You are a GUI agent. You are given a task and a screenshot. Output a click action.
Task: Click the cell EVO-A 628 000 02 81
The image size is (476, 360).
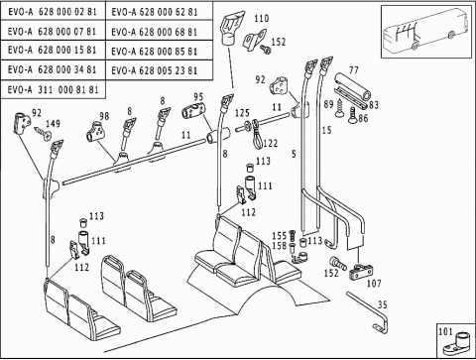pos(53,11)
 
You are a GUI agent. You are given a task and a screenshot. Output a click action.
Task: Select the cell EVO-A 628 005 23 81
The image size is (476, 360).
pos(159,70)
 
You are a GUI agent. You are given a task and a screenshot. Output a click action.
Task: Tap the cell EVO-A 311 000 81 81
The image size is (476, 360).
pos(53,89)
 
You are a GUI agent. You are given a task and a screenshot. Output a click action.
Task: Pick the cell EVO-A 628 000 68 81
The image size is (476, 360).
pos(159,31)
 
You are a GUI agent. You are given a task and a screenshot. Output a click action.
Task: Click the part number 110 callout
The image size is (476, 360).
pos(261,19)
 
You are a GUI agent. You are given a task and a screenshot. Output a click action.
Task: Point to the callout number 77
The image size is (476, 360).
pos(353,70)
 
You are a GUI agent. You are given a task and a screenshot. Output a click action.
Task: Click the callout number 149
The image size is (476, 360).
pos(53,124)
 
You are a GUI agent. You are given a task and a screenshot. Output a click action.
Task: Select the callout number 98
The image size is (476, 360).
pos(104,116)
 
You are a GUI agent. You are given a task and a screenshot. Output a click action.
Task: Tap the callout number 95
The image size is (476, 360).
pos(198,97)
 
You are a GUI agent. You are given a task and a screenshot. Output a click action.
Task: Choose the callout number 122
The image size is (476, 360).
pos(271,143)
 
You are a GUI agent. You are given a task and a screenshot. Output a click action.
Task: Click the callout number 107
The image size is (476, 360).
pos(374,284)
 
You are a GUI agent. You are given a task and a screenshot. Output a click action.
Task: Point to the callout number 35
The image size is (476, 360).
pos(382,304)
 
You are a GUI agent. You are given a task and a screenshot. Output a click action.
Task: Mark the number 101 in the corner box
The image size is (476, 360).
pos(445,331)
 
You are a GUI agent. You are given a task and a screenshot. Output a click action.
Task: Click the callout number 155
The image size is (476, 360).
pos(279,236)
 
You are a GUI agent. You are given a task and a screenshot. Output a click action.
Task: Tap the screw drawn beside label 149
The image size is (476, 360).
pos(43,133)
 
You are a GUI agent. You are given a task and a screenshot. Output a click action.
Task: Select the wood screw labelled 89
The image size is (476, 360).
pos(340,108)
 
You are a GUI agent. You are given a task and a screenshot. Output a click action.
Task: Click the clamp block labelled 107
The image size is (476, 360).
pos(361,272)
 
